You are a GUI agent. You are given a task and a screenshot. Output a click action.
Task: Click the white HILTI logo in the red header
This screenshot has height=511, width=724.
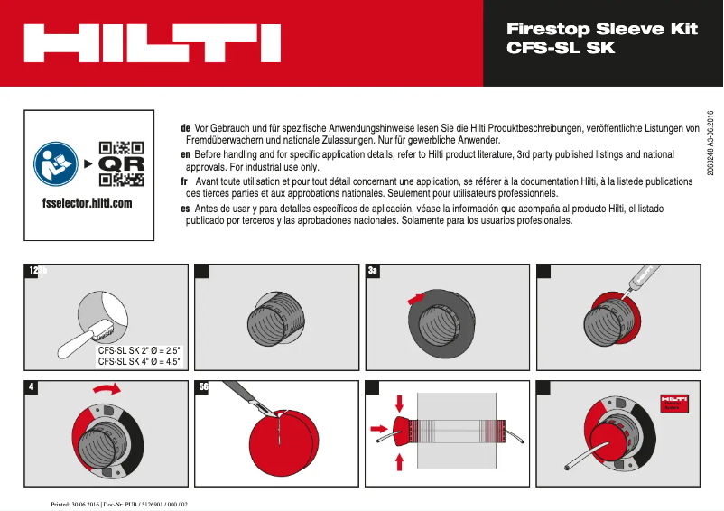click(x=151, y=42)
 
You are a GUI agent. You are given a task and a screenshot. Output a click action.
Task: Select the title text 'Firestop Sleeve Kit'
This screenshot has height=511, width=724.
click(x=602, y=29)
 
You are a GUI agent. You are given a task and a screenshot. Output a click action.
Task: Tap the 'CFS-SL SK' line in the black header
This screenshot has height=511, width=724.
click(x=561, y=48)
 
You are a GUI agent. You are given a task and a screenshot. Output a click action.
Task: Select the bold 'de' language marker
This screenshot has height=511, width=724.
click(x=185, y=129)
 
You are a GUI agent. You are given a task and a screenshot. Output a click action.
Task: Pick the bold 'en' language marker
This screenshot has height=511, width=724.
click(x=185, y=155)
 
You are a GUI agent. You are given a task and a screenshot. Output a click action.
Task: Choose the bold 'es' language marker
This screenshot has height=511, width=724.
click(x=185, y=209)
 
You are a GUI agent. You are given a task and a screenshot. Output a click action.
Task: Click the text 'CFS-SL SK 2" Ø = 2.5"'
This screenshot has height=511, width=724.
click(x=139, y=350)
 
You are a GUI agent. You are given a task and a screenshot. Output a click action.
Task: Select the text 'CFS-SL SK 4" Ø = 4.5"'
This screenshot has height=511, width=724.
click(x=139, y=361)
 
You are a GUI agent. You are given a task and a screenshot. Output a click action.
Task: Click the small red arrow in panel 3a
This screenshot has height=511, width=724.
click(x=414, y=297)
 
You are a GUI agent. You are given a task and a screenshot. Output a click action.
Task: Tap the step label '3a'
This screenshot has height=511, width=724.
click(x=374, y=270)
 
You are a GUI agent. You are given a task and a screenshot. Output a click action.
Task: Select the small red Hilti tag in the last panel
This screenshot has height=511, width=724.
click(x=674, y=403)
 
